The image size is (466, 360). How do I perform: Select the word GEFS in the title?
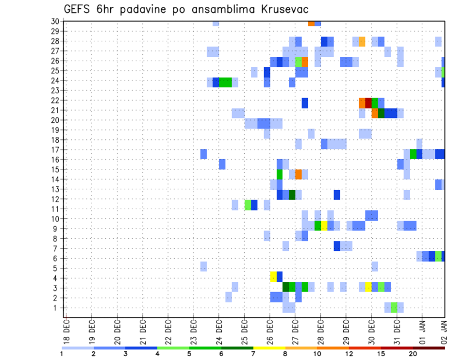pos(79,9)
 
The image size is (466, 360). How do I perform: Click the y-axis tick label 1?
pos(56,308)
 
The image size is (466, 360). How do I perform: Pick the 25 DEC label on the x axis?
pos(244,332)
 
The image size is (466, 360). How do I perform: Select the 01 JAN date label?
pos(422,332)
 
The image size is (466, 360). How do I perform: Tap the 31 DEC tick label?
pos(397,332)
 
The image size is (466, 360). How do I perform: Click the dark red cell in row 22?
pos(368,103)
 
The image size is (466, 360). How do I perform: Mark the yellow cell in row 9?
pos(324,226)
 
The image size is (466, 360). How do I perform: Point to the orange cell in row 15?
pos(298,174)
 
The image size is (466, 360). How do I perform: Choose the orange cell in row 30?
pos(311,23)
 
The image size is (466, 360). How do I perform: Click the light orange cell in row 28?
pos(362,41)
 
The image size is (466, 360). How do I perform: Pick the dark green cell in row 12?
pos(292,195)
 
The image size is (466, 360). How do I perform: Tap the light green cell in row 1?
pos(394,308)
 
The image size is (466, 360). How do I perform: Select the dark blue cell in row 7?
pos(336,246)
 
